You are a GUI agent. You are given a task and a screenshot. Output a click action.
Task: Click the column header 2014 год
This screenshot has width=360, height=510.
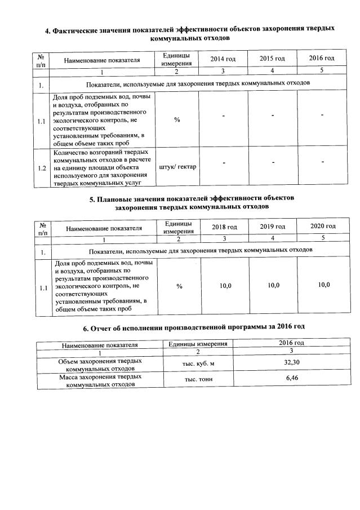coord(222,59)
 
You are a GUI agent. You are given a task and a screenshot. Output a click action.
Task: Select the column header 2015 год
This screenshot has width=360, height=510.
coord(272,59)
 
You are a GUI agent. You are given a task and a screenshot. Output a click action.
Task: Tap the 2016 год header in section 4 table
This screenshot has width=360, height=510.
coord(322,58)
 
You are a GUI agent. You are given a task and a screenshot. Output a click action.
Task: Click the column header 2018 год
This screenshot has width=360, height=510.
coord(225,227)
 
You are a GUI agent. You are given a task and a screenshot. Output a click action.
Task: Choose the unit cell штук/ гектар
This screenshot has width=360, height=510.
coord(177,166)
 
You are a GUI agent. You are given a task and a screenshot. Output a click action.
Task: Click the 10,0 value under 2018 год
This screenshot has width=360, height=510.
coord(225,286)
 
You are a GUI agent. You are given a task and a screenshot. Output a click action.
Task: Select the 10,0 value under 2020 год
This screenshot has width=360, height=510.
coord(324,285)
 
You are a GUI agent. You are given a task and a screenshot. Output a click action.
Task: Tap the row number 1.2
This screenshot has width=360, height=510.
coord(42,167)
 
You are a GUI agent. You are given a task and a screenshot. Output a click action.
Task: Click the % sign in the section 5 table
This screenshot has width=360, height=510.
coord(179,287)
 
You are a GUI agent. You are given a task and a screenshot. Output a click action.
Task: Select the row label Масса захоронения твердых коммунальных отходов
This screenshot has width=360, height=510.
coord(100,380)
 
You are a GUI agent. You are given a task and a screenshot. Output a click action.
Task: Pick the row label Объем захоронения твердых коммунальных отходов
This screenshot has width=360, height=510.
coord(100,364)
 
